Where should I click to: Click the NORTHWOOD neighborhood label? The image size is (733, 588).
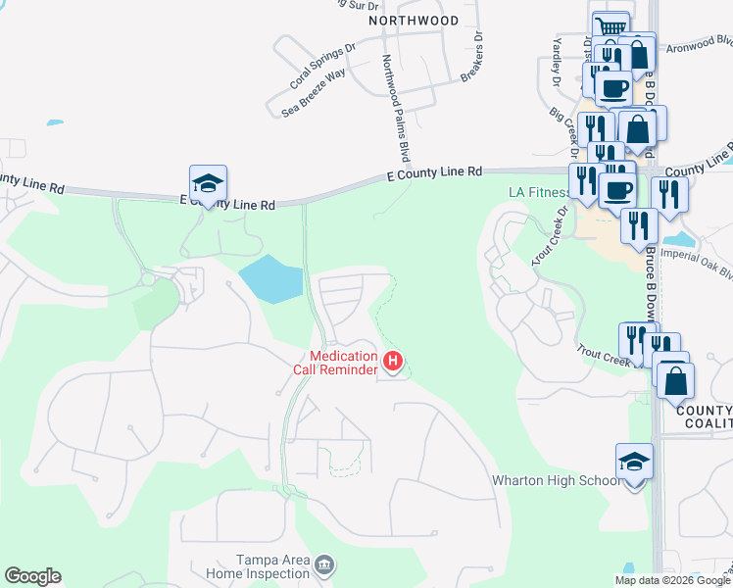414,20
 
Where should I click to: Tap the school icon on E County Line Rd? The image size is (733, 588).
208,183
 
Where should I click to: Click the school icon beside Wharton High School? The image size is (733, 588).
634,463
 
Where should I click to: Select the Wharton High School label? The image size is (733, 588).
557,480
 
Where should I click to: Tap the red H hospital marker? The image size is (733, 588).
392,363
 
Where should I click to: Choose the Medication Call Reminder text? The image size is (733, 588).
336,363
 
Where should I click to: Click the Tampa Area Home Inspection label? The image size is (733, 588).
258,565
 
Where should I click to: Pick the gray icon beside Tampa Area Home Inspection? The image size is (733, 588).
325,565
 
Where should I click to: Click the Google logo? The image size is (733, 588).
32,576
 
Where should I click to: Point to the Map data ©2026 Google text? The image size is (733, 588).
672,580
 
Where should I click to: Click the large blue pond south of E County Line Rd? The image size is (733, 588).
271,279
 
